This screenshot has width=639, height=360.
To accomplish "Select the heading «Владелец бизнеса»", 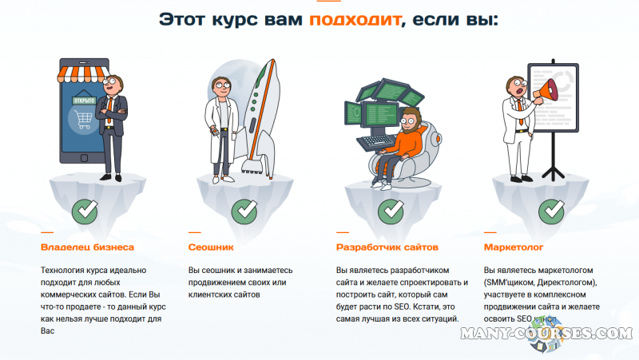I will pyautogui.click(x=86, y=247).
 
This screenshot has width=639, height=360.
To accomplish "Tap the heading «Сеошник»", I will pyautogui.click(x=211, y=247).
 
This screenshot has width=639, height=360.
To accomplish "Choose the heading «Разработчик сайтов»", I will pyautogui.click(x=385, y=247).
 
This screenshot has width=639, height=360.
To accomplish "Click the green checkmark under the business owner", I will pyautogui.click(x=85, y=212).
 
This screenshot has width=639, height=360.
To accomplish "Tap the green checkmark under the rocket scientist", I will pyautogui.click(x=244, y=212).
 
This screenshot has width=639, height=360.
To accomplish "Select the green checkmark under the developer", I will pyautogui.click(x=391, y=212).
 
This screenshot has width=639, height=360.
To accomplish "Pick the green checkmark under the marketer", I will pyautogui.click(x=551, y=212).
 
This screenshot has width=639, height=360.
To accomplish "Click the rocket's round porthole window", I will pyautogui.click(x=252, y=89).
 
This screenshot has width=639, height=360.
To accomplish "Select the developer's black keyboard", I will pyautogui.click(x=375, y=143).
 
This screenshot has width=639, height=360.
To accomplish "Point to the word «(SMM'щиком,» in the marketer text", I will pyautogui.click(x=510, y=283).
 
